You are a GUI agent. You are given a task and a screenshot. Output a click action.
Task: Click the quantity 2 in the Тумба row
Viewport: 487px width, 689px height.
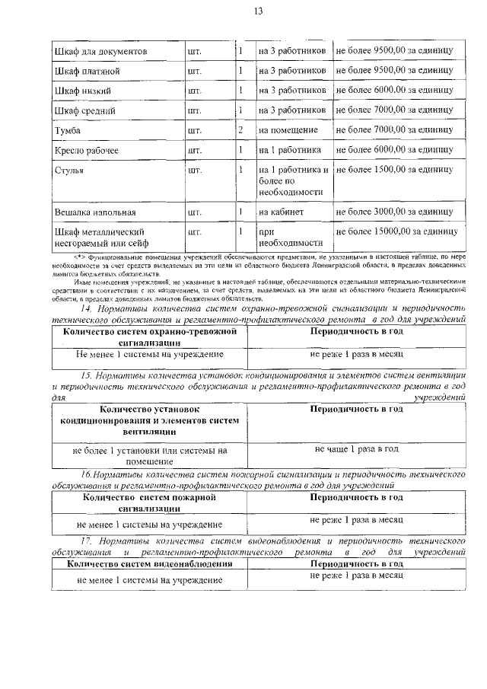point(240,130)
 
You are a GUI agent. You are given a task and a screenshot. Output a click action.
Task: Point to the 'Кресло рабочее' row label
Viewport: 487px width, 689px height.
point(87,150)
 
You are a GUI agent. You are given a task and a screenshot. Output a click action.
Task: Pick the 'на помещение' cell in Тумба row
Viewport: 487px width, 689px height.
point(284,130)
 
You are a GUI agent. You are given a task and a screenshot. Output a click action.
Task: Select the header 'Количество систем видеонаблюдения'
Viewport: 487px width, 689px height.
point(149,564)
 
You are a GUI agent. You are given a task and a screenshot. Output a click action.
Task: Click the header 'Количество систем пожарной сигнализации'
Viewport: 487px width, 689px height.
point(149,503)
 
